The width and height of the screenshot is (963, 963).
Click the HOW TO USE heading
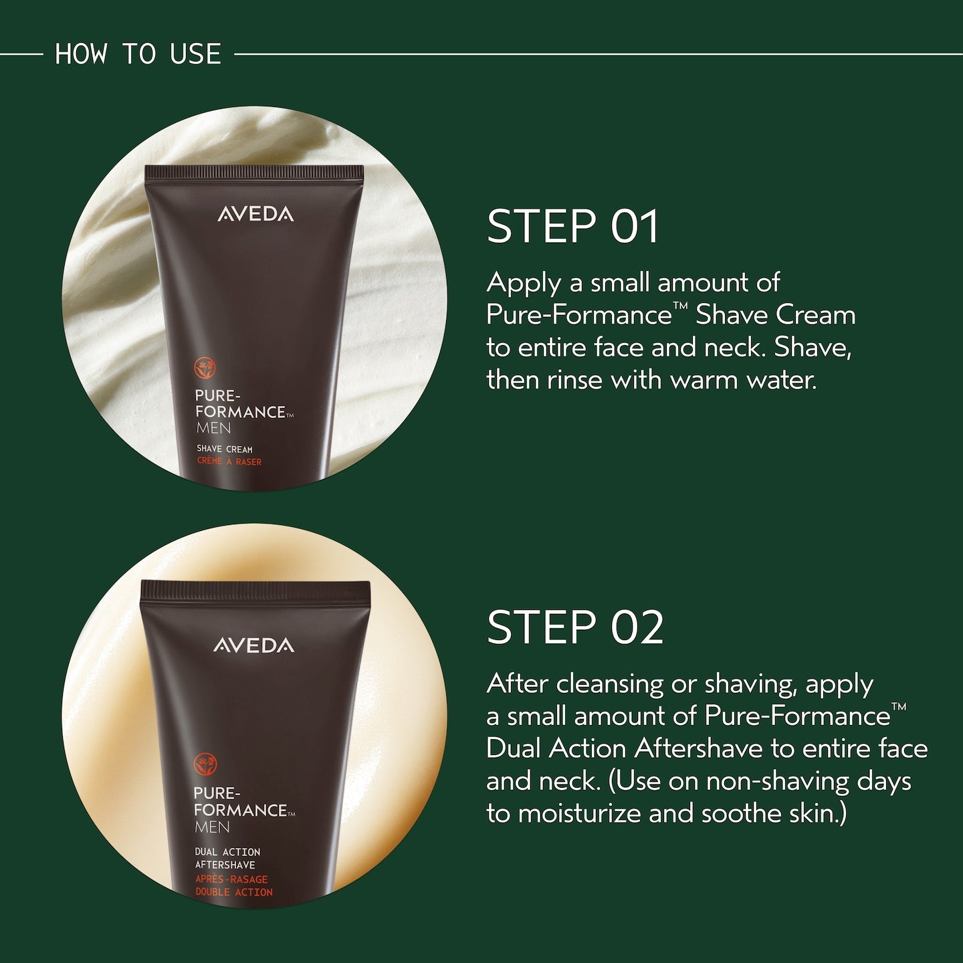click(138, 54)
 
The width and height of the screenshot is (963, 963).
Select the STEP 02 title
click(575, 627)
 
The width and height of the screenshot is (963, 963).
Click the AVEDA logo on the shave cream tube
click(255, 215)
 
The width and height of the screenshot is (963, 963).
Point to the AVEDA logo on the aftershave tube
click(254, 645)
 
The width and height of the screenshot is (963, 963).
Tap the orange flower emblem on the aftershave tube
click(205, 765)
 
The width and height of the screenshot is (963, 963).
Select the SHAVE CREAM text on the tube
click(225, 449)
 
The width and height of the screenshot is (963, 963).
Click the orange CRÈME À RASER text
click(229, 461)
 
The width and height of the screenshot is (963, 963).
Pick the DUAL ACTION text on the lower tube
click(227, 851)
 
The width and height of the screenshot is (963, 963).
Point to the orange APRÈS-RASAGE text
click(231, 879)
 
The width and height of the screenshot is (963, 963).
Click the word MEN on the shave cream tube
click(213, 428)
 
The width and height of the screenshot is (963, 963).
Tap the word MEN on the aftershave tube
click(212, 827)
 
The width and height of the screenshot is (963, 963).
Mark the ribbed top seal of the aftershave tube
click(255, 591)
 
